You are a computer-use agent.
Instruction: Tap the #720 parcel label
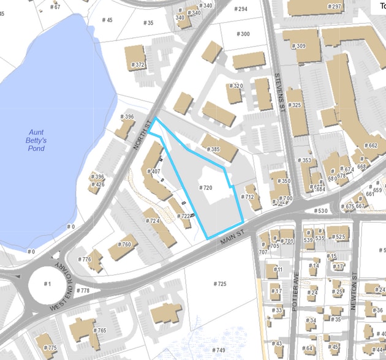[x=206, y=187]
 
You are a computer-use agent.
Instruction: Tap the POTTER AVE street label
[x=295, y=300]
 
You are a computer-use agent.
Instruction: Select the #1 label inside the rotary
[x=48, y=284]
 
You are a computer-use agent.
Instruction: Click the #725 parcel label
[x=220, y=283]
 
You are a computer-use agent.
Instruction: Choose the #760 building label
[x=124, y=245]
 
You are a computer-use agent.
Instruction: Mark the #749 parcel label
[x=219, y=350]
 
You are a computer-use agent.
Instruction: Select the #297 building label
[x=335, y=6]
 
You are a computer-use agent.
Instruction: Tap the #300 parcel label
[x=243, y=34]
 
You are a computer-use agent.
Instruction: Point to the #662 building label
[x=371, y=146]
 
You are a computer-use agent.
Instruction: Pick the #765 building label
[x=99, y=331]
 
